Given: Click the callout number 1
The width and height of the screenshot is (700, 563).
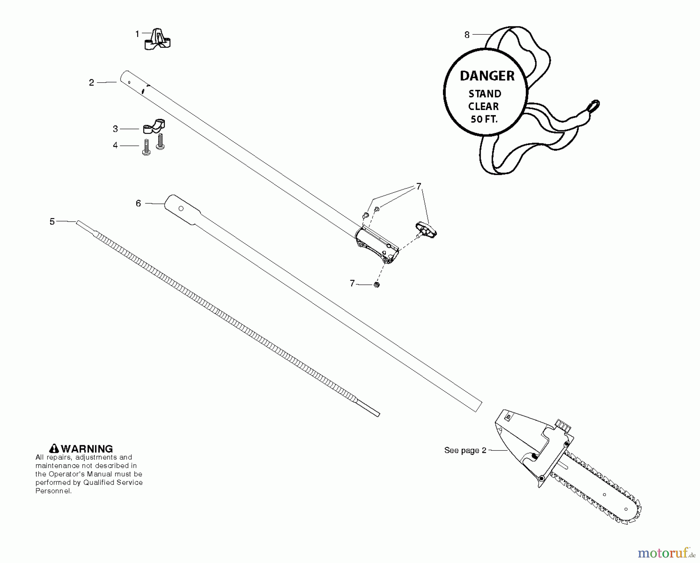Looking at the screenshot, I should [x=137, y=34].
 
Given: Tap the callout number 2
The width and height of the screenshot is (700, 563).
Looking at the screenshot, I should [x=91, y=82].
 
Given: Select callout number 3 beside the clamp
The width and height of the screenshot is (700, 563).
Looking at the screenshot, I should [x=115, y=129].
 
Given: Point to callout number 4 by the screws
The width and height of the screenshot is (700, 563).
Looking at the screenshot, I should [x=115, y=145].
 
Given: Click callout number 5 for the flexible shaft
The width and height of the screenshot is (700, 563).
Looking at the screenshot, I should [x=52, y=221].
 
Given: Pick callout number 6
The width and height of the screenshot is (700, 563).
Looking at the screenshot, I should [x=138, y=203].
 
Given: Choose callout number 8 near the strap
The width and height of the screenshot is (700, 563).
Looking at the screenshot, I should [x=467, y=35].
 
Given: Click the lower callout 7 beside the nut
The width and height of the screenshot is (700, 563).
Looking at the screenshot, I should [x=352, y=283].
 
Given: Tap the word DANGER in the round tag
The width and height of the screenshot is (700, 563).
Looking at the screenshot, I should [x=487, y=76].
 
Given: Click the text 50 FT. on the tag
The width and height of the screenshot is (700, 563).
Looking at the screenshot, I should [x=484, y=119].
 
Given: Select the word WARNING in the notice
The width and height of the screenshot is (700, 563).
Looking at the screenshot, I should [x=87, y=449].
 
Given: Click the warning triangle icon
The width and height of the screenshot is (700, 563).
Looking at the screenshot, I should [x=54, y=449].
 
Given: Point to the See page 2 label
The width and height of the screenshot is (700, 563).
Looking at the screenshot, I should [x=465, y=450].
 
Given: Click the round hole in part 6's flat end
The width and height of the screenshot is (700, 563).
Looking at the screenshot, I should [x=181, y=209].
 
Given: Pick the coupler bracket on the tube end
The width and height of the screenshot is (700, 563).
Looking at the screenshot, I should [x=377, y=245].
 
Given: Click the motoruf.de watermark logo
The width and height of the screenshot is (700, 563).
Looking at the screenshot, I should [x=661, y=551].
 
